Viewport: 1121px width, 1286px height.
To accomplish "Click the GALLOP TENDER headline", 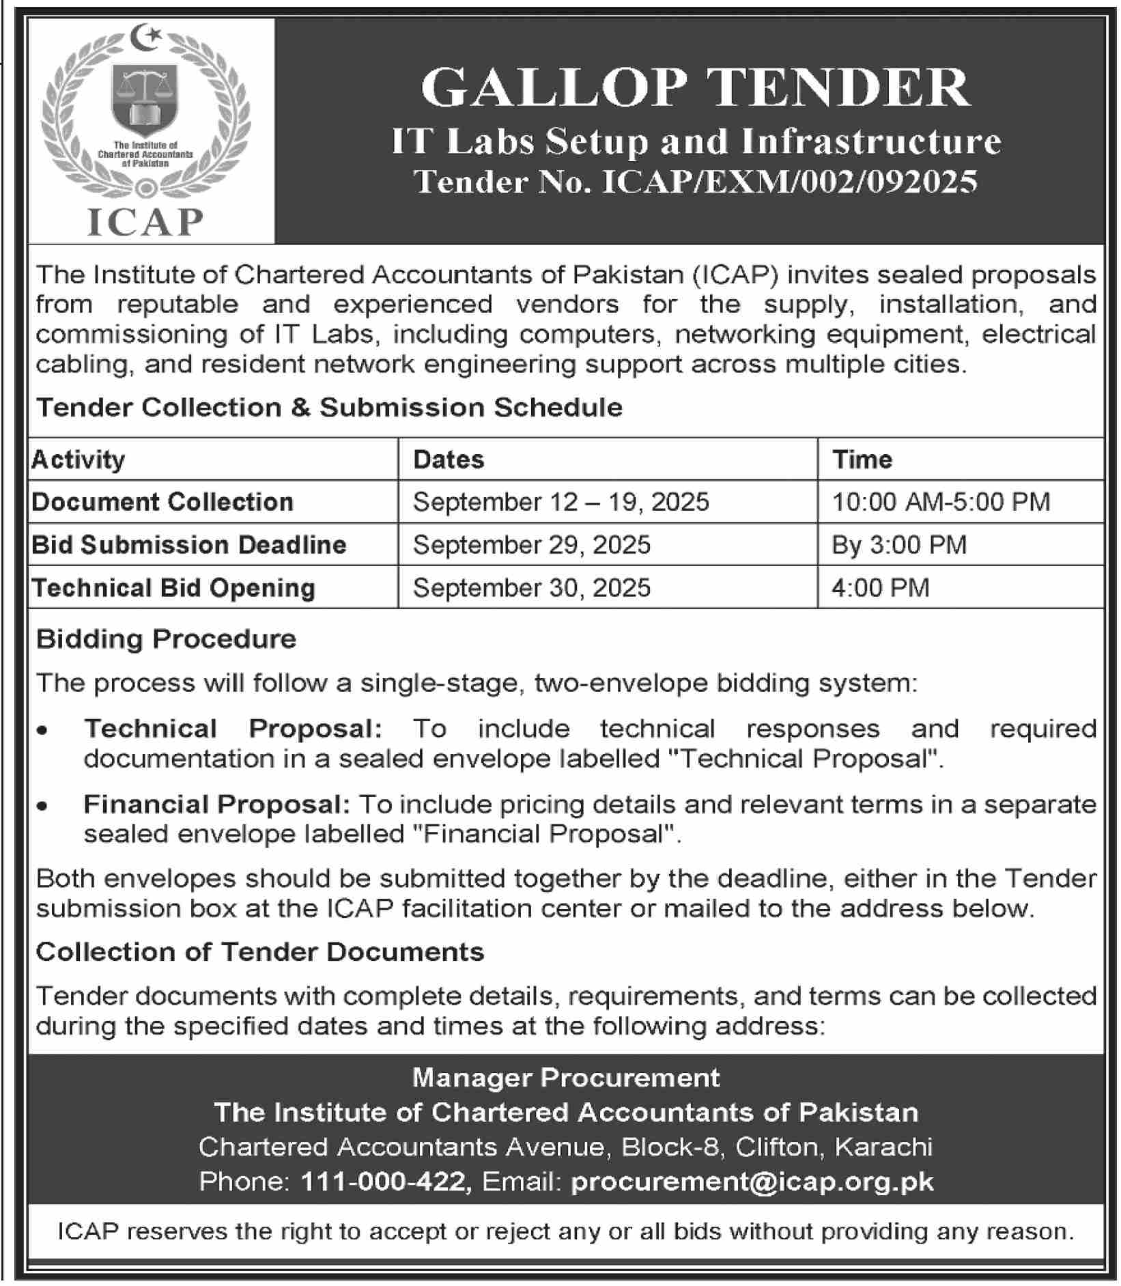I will point(695,88).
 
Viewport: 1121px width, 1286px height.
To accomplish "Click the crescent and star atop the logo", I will point(145,36).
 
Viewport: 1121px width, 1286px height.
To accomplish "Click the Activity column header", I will point(79,460).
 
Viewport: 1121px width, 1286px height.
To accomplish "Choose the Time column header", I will point(862,460).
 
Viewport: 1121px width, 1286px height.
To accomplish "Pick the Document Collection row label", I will point(162,502).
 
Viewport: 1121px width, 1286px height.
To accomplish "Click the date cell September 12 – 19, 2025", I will point(561,502).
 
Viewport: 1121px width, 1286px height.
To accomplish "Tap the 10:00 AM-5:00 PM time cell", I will point(941,502).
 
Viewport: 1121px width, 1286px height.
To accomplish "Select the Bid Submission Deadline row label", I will point(189,545).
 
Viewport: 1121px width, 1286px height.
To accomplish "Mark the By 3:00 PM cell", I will point(899,545).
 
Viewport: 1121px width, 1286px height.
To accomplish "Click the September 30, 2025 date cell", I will point(532,588).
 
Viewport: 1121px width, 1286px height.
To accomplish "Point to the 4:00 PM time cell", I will point(881,588).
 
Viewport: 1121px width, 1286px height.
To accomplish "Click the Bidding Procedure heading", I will point(166,639).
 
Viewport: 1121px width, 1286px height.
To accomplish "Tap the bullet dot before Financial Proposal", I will point(43,806).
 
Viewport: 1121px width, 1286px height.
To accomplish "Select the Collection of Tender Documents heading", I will point(260,952).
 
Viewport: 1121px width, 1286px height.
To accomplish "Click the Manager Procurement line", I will point(566,1078).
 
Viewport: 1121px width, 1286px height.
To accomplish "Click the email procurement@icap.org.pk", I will point(752,1182).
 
